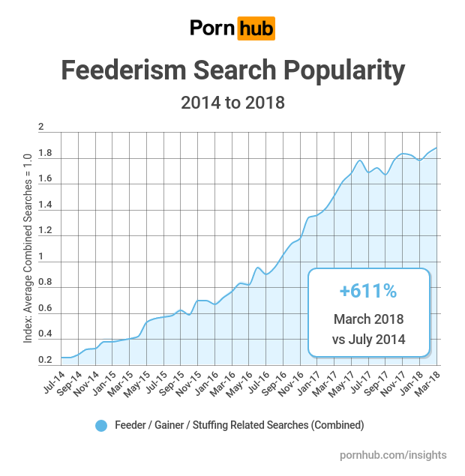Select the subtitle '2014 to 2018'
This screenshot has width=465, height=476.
coord(232,102)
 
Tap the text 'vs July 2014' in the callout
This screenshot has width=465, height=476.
coord(368,339)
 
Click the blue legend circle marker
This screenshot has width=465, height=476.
coord(101,425)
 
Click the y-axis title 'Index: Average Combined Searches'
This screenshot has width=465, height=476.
coord(28,247)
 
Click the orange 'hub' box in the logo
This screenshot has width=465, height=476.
coord(256,28)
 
